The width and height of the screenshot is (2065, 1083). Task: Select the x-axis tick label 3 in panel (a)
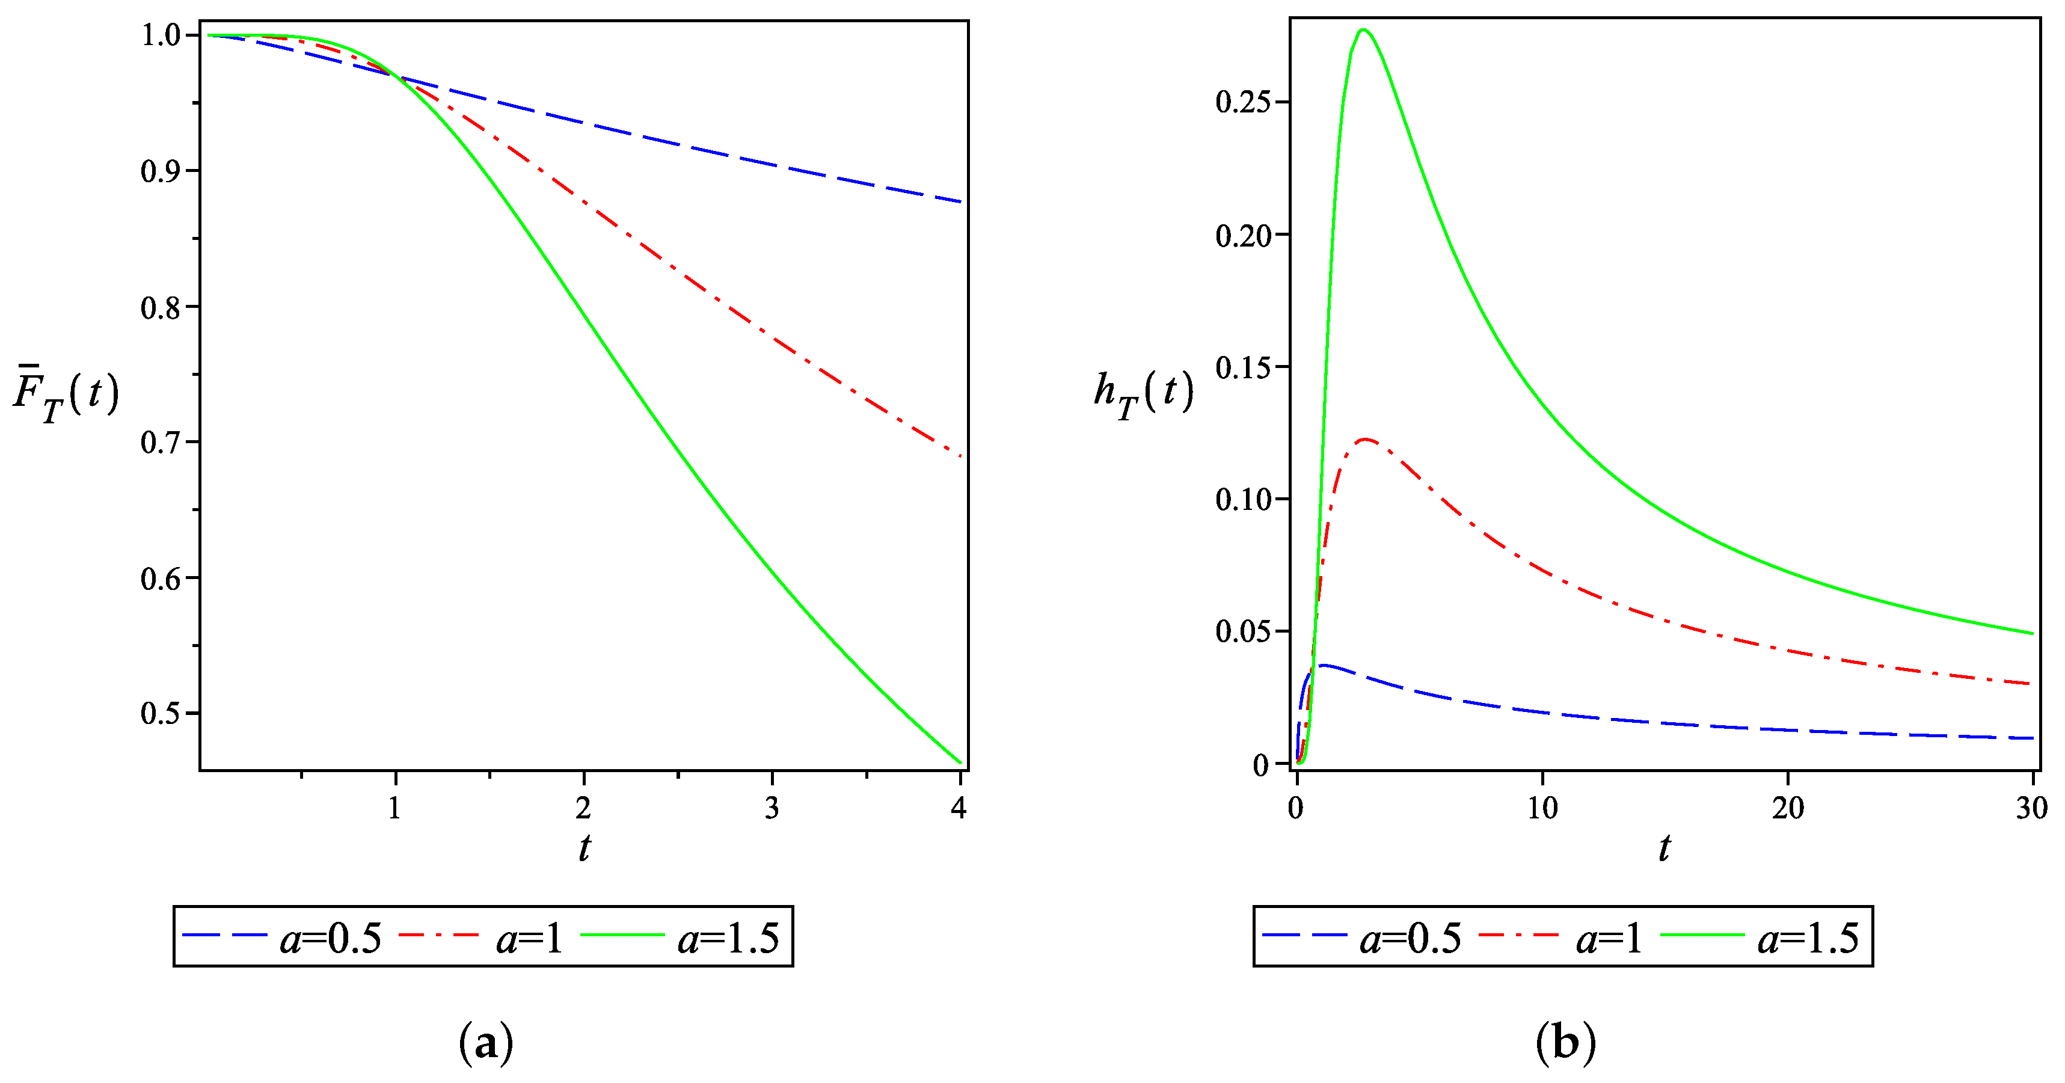[x=771, y=809]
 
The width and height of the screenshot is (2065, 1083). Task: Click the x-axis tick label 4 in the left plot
[x=959, y=809]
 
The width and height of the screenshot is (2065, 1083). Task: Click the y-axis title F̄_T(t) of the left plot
[x=66, y=395]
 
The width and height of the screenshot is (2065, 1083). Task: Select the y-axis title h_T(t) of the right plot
[x=1143, y=394]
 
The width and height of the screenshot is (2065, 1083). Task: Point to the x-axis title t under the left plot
[x=585, y=848]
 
